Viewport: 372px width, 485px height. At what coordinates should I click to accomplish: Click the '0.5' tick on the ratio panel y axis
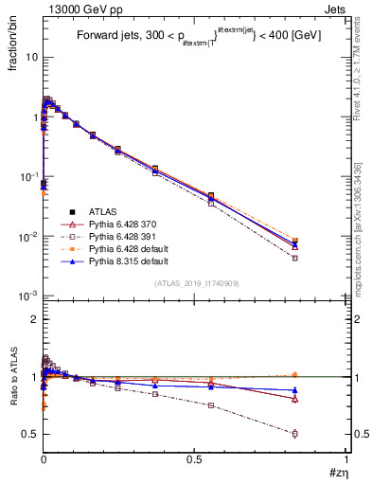[x=30, y=434]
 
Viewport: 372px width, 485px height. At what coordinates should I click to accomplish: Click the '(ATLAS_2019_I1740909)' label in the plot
[x=195, y=283]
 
